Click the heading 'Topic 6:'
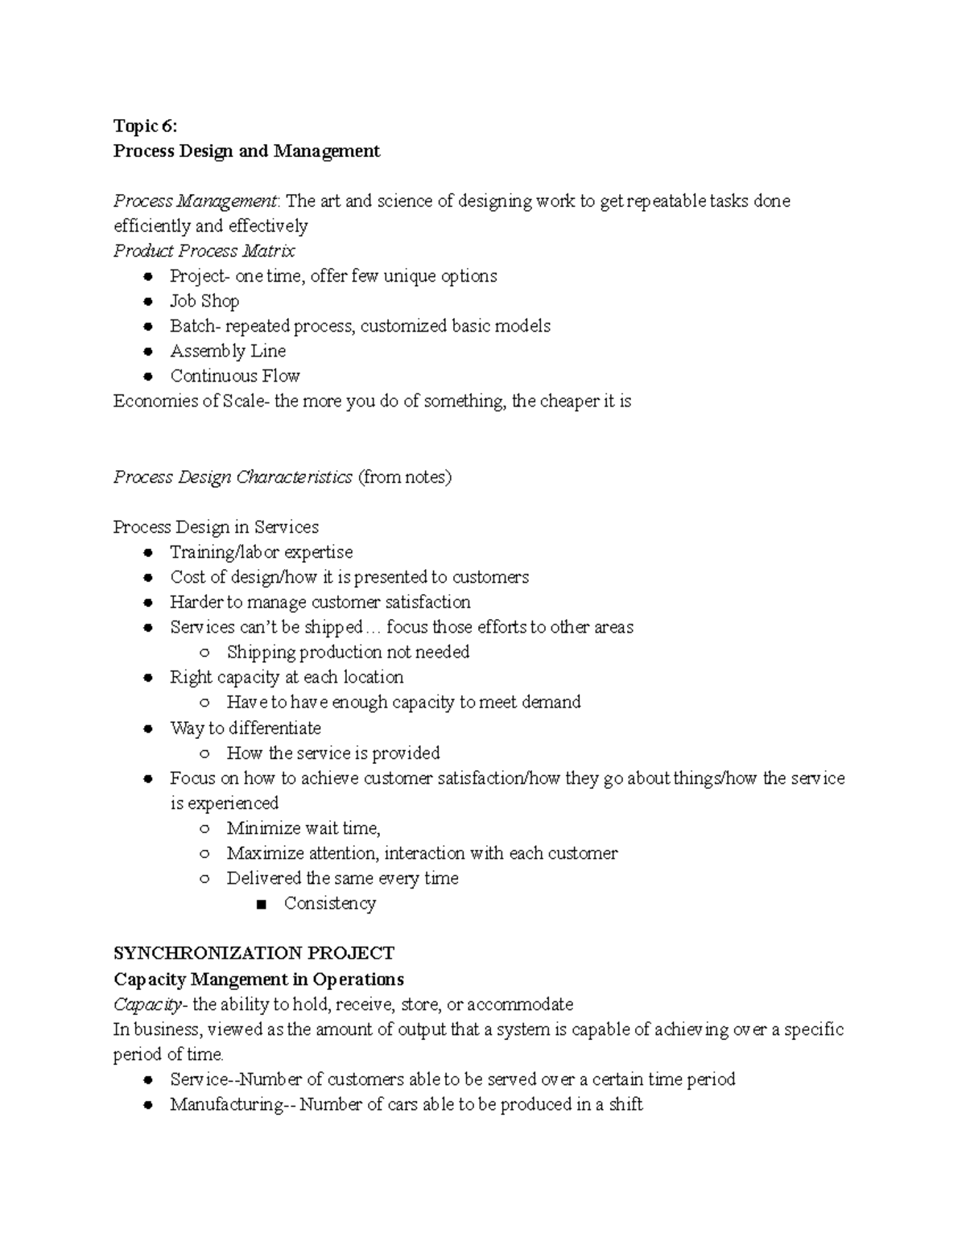(x=144, y=126)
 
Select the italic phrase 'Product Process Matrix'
(x=204, y=250)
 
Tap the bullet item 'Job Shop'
(x=204, y=301)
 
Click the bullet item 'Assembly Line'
(x=228, y=351)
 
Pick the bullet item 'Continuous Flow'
(x=234, y=376)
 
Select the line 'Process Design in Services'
(x=216, y=527)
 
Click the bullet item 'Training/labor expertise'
(x=261, y=552)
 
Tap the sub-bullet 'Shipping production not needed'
(x=348, y=652)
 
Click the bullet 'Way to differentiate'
(x=245, y=728)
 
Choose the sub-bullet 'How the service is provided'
(x=333, y=753)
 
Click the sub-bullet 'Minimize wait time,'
(x=303, y=827)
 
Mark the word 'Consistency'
(x=329, y=903)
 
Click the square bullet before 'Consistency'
(x=259, y=904)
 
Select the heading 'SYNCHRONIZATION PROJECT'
(x=254, y=954)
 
